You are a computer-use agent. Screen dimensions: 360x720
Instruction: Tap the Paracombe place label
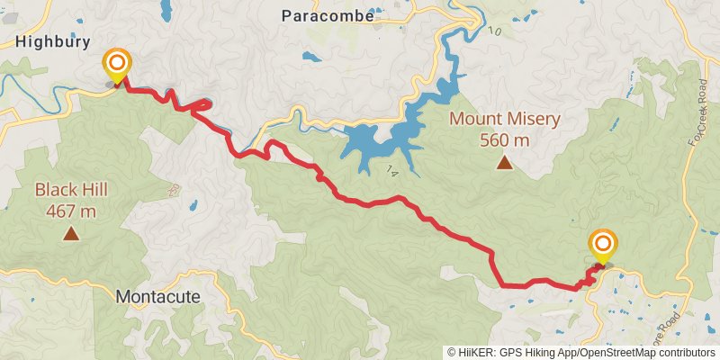pos(323,14)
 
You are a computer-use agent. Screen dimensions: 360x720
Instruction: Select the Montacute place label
pos(157,295)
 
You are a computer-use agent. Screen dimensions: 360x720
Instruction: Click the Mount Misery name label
pos(505,119)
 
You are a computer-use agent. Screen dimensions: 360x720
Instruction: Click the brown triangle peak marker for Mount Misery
pos(505,163)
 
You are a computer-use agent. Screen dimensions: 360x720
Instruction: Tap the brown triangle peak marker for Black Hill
pos(70,235)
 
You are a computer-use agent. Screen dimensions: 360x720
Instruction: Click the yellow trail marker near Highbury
pos(117,65)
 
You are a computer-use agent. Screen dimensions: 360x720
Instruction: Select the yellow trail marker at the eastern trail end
pos(603,245)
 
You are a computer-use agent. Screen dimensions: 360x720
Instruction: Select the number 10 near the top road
pos(493,32)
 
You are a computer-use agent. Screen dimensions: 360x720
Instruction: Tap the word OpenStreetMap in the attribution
pos(618,353)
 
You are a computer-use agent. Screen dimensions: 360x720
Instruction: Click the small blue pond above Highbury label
pos(166,11)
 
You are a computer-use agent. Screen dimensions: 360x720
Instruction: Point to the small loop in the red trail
pos(200,105)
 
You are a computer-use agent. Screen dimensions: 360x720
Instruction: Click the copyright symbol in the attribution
pos(452,353)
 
